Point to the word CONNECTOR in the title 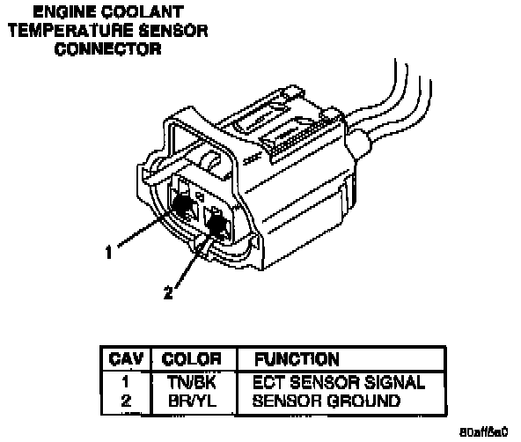pyautogui.click(x=108, y=49)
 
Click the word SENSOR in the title pyautogui.click(x=173, y=31)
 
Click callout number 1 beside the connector pyautogui.click(x=108, y=252)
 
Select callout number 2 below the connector pyautogui.click(x=168, y=293)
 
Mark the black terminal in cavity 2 pyautogui.click(x=217, y=225)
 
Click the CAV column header pyautogui.click(x=126, y=359)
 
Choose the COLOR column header pyautogui.click(x=191, y=359)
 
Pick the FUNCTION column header pyautogui.click(x=297, y=359)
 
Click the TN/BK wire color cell pyautogui.click(x=192, y=382)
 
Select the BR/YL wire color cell pyautogui.click(x=192, y=401)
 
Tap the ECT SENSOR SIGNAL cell pyautogui.click(x=339, y=382)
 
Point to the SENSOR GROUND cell pyautogui.click(x=327, y=401)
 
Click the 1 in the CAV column pyautogui.click(x=126, y=382)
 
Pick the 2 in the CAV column pyautogui.click(x=126, y=401)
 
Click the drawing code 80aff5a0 pyautogui.click(x=484, y=432)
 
